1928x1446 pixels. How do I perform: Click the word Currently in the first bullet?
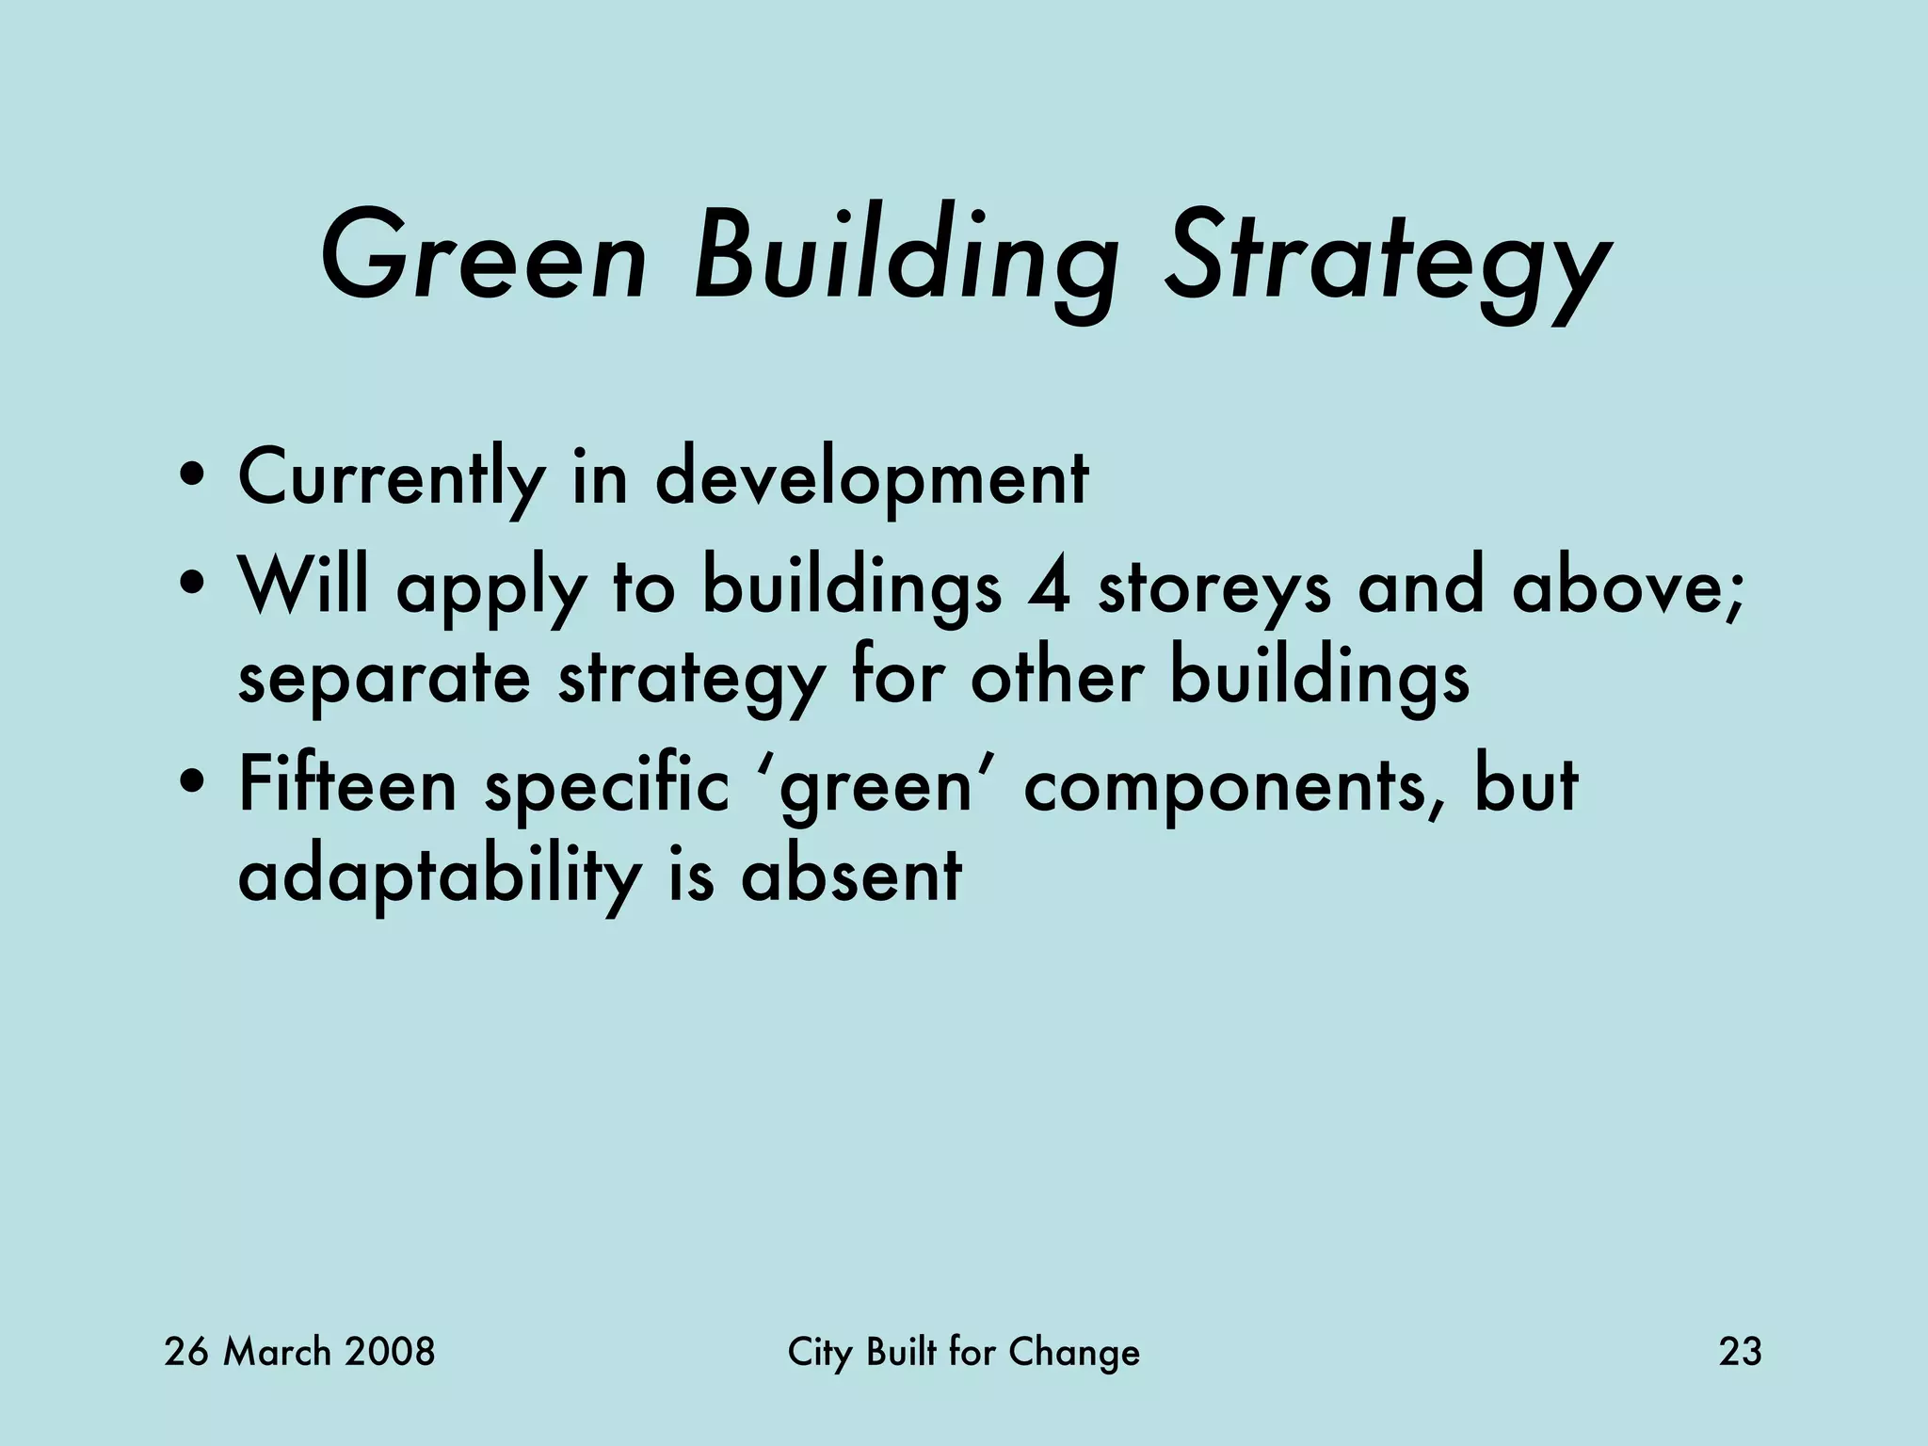391,478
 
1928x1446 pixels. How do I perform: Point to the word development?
871,478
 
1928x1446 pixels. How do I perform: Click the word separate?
384,680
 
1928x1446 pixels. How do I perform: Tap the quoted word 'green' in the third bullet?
875,786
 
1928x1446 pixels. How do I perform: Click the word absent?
851,876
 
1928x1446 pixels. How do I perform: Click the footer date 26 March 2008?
299,1352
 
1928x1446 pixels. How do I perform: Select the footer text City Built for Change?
963,1353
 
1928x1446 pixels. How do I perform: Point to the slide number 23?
1740,1352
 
